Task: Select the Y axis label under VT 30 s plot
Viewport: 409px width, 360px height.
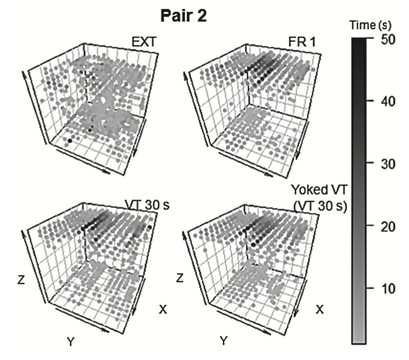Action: [71, 342]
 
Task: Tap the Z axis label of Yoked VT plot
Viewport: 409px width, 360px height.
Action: [179, 279]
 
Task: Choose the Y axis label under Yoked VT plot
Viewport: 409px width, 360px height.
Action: [223, 342]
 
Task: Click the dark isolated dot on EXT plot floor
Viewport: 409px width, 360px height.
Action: [70, 141]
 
